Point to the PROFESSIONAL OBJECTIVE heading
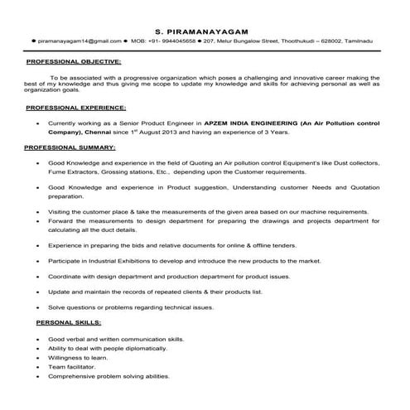tap(75, 62)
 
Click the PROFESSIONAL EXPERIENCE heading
tap(76, 108)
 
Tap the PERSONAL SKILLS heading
tap(63, 321)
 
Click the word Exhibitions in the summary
tap(142, 260)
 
